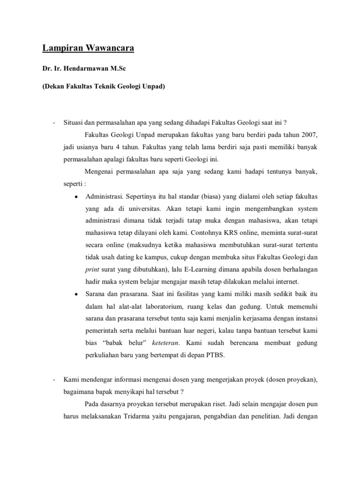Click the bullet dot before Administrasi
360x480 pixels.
coord(75,196)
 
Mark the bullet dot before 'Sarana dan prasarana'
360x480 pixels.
coord(75,294)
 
